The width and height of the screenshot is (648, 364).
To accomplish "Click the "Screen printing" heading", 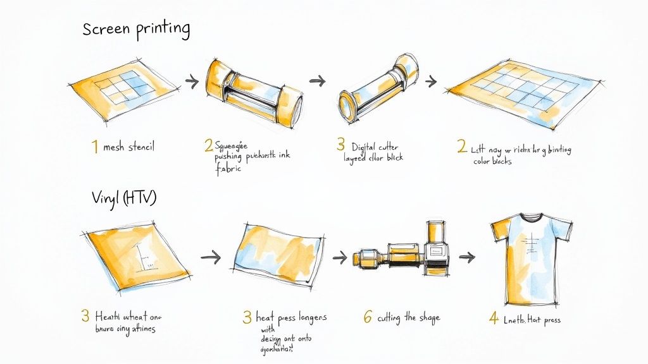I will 136,29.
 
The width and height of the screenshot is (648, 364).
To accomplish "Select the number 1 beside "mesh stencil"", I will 94,147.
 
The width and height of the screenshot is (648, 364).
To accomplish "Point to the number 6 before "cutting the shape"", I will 367,317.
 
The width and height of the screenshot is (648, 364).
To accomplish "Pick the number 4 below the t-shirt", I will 494,318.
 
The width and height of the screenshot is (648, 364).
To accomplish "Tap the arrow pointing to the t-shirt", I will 467,257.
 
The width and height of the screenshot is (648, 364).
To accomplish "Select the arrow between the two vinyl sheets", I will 211,257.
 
